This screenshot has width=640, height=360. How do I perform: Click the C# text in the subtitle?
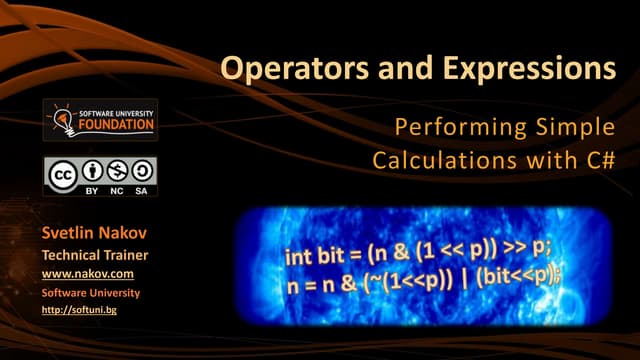tap(598, 160)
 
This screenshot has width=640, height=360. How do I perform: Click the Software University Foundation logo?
tap(100, 120)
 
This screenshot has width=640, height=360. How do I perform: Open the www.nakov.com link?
tap(87, 273)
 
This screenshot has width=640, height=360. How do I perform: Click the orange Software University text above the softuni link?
tap(90, 292)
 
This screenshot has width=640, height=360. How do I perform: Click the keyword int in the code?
tap(300, 257)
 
